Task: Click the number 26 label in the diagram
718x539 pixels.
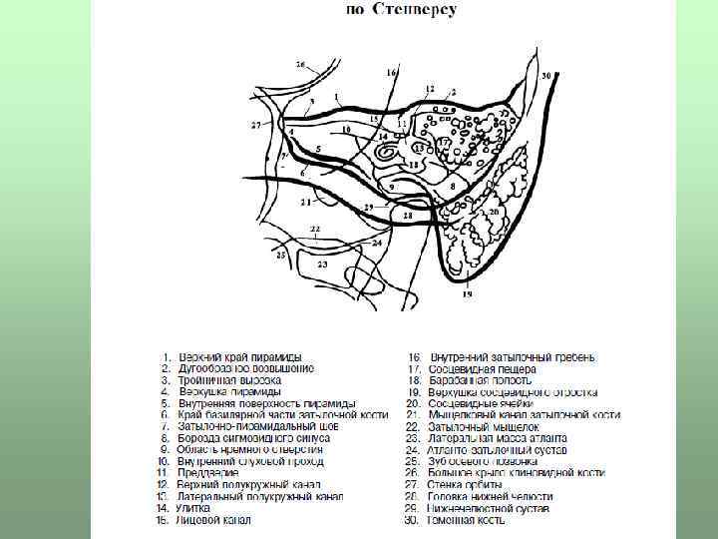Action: pos(301,65)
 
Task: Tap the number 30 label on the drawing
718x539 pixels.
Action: pos(545,76)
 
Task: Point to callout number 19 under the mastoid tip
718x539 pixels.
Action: pos(467,294)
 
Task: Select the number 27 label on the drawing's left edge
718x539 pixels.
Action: pos(255,126)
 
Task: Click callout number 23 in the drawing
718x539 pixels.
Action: pos(322,265)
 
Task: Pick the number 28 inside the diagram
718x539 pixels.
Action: pos(407,215)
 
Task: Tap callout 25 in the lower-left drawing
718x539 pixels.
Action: pos(281,256)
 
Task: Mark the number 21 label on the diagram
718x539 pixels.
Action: pos(304,201)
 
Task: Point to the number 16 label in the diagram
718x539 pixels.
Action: pos(391,74)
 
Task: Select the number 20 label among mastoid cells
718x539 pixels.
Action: pos(493,212)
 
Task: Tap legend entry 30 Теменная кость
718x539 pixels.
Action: pos(470,520)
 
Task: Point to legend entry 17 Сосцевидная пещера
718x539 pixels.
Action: pos(483,369)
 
